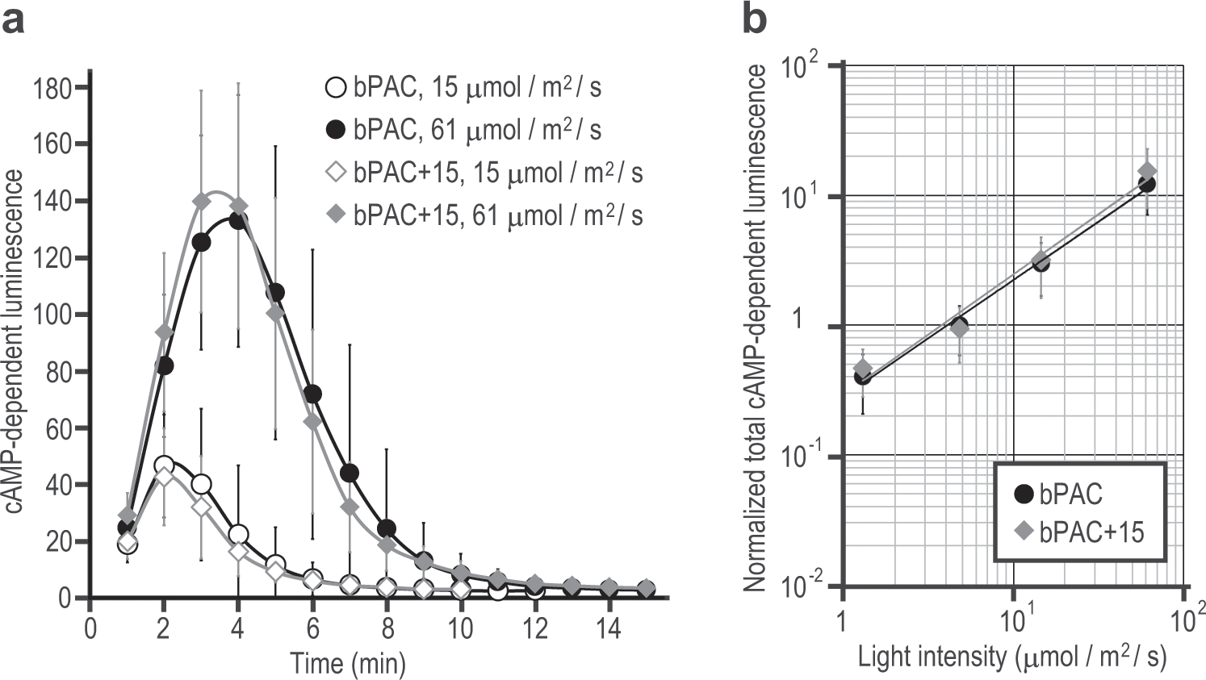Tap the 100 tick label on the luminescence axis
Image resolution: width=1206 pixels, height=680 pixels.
[53, 315]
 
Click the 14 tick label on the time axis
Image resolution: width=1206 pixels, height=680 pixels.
[609, 628]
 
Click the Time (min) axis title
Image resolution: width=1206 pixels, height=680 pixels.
[348, 663]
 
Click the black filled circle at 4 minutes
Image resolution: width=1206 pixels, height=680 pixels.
[239, 220]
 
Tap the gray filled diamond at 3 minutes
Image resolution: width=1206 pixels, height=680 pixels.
[202, 201]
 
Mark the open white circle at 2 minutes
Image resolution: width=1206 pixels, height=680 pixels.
[164, 465]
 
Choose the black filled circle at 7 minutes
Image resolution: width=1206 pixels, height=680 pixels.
[350, 473]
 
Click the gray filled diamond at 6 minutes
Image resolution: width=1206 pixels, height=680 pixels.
[312, 421]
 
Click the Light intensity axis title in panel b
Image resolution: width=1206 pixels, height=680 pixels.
[1012, 657]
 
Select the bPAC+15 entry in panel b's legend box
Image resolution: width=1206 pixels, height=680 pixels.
[1081, 532]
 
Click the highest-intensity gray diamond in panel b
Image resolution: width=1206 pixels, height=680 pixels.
[1147, 172]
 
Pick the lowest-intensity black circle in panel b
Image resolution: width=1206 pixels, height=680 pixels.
[862, 376]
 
